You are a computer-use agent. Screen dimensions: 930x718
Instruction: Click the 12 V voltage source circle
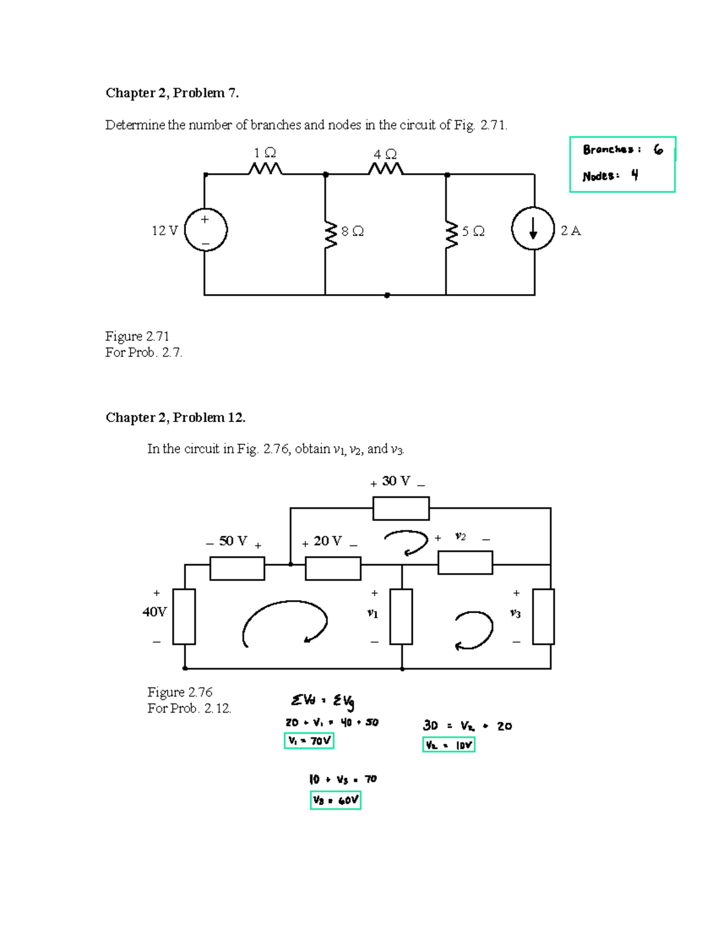coord(205,229)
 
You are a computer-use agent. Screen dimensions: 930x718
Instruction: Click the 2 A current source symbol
coord(533,229)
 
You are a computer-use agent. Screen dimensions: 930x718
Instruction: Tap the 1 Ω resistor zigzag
coord(265,169)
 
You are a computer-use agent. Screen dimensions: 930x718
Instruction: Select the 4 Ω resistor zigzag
coord(386,170)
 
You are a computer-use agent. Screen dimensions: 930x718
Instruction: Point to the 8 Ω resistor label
coord(352,231)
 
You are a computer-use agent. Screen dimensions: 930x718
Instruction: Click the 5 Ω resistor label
coord(473,231)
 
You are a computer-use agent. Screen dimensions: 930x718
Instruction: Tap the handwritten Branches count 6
coord(658,150)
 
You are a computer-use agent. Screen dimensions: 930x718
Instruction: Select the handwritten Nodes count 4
coord(634,175)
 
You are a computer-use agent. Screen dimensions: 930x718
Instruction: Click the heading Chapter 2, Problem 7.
coord(172,93)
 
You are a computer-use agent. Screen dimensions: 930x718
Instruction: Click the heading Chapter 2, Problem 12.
coord(175,417)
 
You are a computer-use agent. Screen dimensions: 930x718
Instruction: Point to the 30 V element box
coord(401,508)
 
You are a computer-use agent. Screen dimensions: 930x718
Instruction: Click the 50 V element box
coord(237,568)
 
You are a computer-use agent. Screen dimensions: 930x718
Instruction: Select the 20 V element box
coord(333,568)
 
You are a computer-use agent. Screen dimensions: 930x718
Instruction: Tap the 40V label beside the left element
coord(154,612)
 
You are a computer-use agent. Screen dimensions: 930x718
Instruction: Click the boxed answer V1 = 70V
coord(309,741)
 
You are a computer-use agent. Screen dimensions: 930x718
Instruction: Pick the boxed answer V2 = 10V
coord(449,745)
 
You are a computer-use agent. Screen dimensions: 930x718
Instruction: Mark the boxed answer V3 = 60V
coord(335,800)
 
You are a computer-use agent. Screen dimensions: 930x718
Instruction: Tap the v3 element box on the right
coord(543,616)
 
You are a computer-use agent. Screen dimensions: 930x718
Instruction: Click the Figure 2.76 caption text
coord(180,692)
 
